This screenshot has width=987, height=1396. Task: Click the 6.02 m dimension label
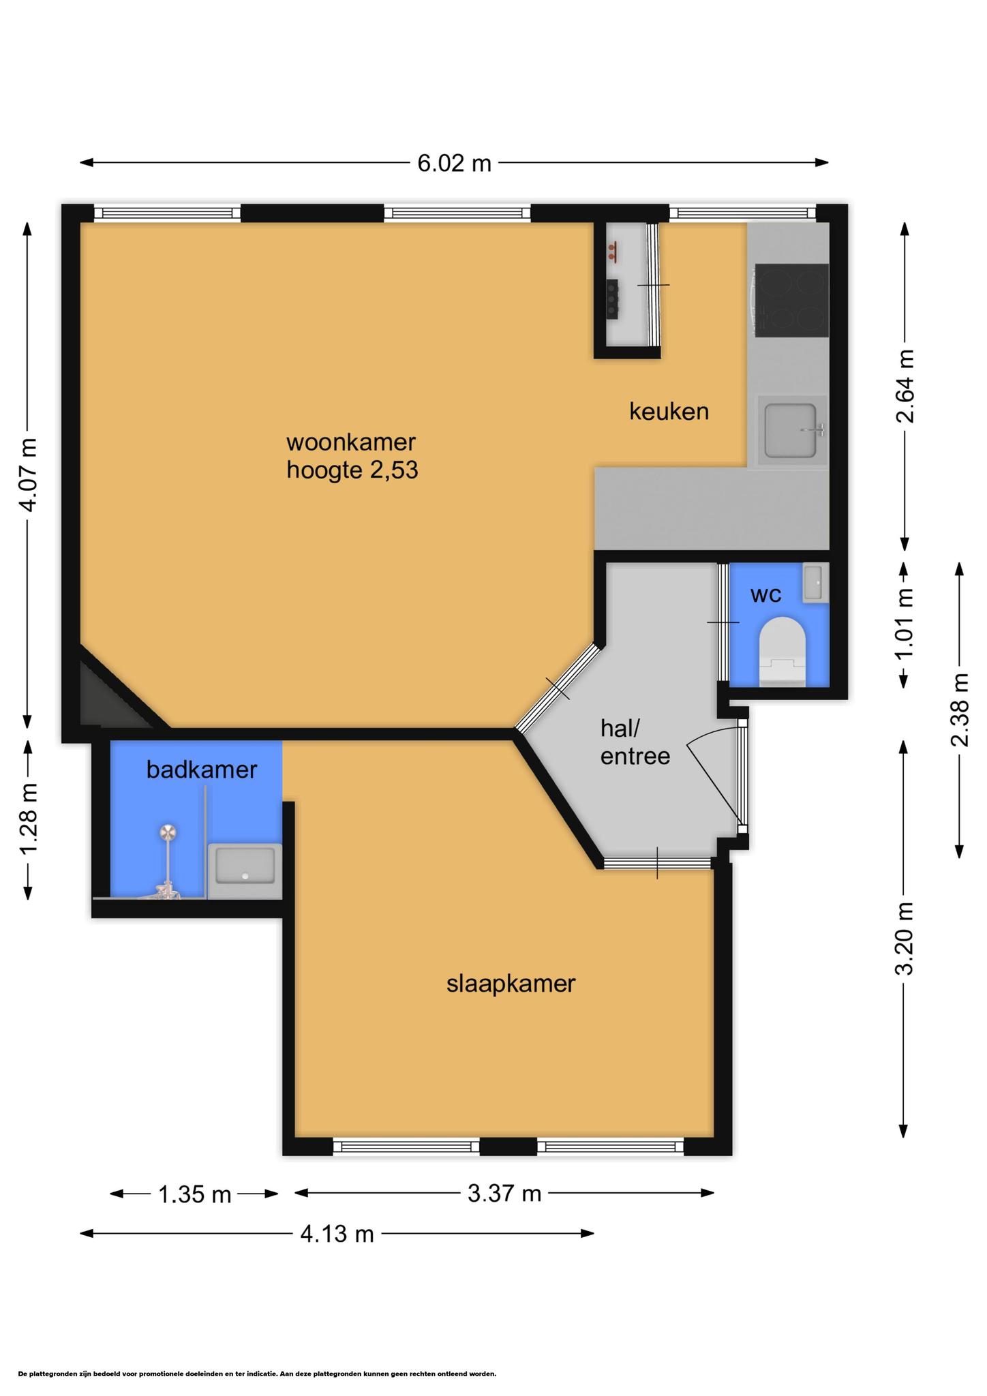pos(454,164)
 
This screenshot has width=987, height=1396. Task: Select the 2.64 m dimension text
pos(905,386)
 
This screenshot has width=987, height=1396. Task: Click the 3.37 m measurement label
pos(504,1193)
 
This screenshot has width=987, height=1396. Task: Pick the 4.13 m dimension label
pos(337,1233)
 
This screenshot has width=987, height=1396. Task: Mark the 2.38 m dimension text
pos(960,710)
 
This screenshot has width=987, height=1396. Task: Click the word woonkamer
pos(351,442)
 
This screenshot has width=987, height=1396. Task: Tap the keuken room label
pos(669,411)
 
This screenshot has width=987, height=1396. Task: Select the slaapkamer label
pos(511,984)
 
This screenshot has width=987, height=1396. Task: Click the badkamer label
pos(202,770)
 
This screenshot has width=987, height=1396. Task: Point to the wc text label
pos(766,595)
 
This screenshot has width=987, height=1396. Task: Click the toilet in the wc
pos(783,652)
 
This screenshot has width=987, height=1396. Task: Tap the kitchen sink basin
pos(791,430)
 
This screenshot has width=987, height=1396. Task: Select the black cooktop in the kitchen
pos(791,300)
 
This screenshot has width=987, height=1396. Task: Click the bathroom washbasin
pos(245,871)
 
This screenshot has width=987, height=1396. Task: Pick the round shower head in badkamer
pos(168,832)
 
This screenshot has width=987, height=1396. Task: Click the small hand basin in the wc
pos(815,583)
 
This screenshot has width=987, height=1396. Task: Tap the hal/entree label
pos(635,742)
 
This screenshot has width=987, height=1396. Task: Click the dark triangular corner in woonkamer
pos(109,696)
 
